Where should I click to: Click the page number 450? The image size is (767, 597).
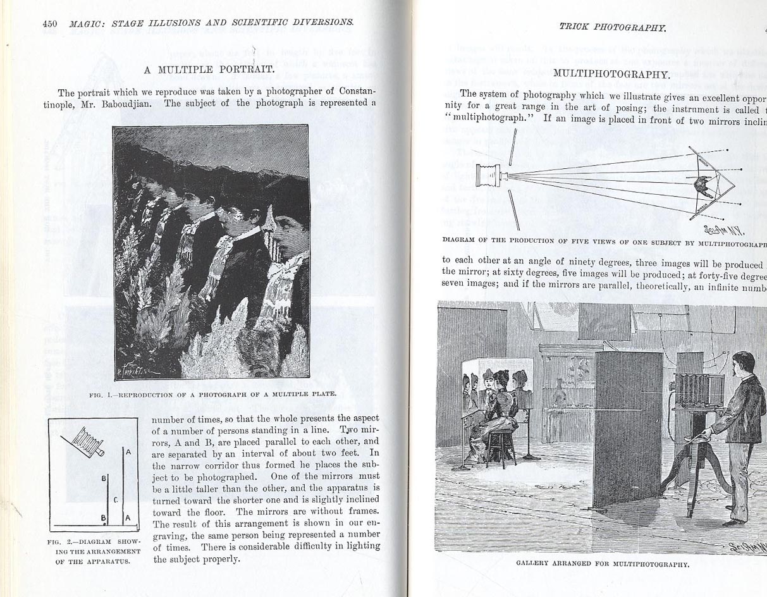coord(50,23)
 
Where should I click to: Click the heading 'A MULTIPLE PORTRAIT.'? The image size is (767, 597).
coord(209,68)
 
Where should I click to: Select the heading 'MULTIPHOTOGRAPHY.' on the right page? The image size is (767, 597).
coord(611,73)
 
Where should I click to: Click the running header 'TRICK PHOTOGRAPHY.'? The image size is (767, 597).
coord(612,27)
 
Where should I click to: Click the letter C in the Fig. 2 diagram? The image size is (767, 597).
coord(116,500)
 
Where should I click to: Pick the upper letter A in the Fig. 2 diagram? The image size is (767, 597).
coord(128,452)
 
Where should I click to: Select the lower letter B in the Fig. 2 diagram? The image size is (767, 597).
coord(103,517)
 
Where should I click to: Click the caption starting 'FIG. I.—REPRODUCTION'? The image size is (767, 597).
coord(212,394)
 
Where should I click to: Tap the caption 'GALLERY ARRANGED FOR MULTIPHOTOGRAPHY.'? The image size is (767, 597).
coord(602,563)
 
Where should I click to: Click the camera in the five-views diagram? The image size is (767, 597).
coord(490,175)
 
